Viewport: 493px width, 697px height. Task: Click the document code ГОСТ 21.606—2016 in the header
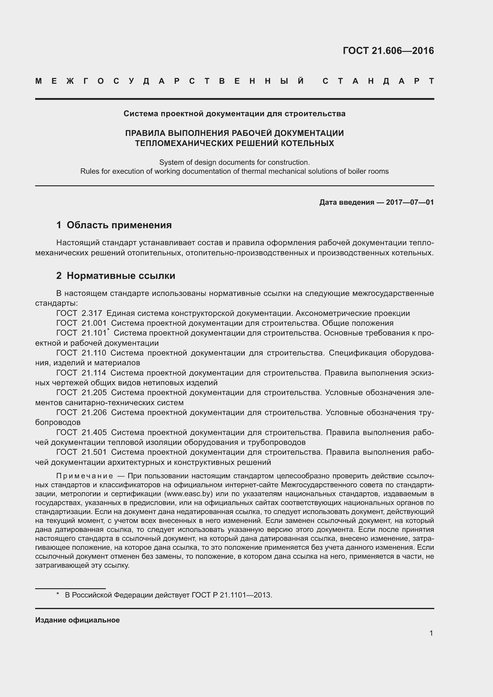(388, 51)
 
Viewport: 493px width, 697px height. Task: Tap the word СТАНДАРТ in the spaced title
(378, 81)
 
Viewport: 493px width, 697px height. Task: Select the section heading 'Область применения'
(119, 225)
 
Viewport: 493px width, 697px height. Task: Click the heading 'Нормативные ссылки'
(121, 276)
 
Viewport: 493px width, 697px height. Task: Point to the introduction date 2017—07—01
(410, 202)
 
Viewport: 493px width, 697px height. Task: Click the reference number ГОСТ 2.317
(79, 313)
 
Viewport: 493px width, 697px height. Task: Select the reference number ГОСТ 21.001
(81, 323)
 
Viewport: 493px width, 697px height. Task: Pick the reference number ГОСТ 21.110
(81, 353)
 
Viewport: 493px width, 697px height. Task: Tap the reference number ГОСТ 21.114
(81, 373)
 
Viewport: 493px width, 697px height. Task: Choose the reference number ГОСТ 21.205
(81, 392)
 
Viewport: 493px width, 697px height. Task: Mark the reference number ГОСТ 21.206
(81, 412)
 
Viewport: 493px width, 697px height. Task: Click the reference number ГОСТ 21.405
(81, 432)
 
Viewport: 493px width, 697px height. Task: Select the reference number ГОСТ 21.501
(81, 452)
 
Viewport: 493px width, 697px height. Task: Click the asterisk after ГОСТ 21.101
(108, 330)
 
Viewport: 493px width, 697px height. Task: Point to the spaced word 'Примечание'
(85, 476)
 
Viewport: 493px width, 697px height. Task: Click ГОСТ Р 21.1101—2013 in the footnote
(232, 595)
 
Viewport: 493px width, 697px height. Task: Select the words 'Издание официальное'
(77, 620)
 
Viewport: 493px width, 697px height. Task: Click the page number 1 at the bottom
(431, 633)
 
